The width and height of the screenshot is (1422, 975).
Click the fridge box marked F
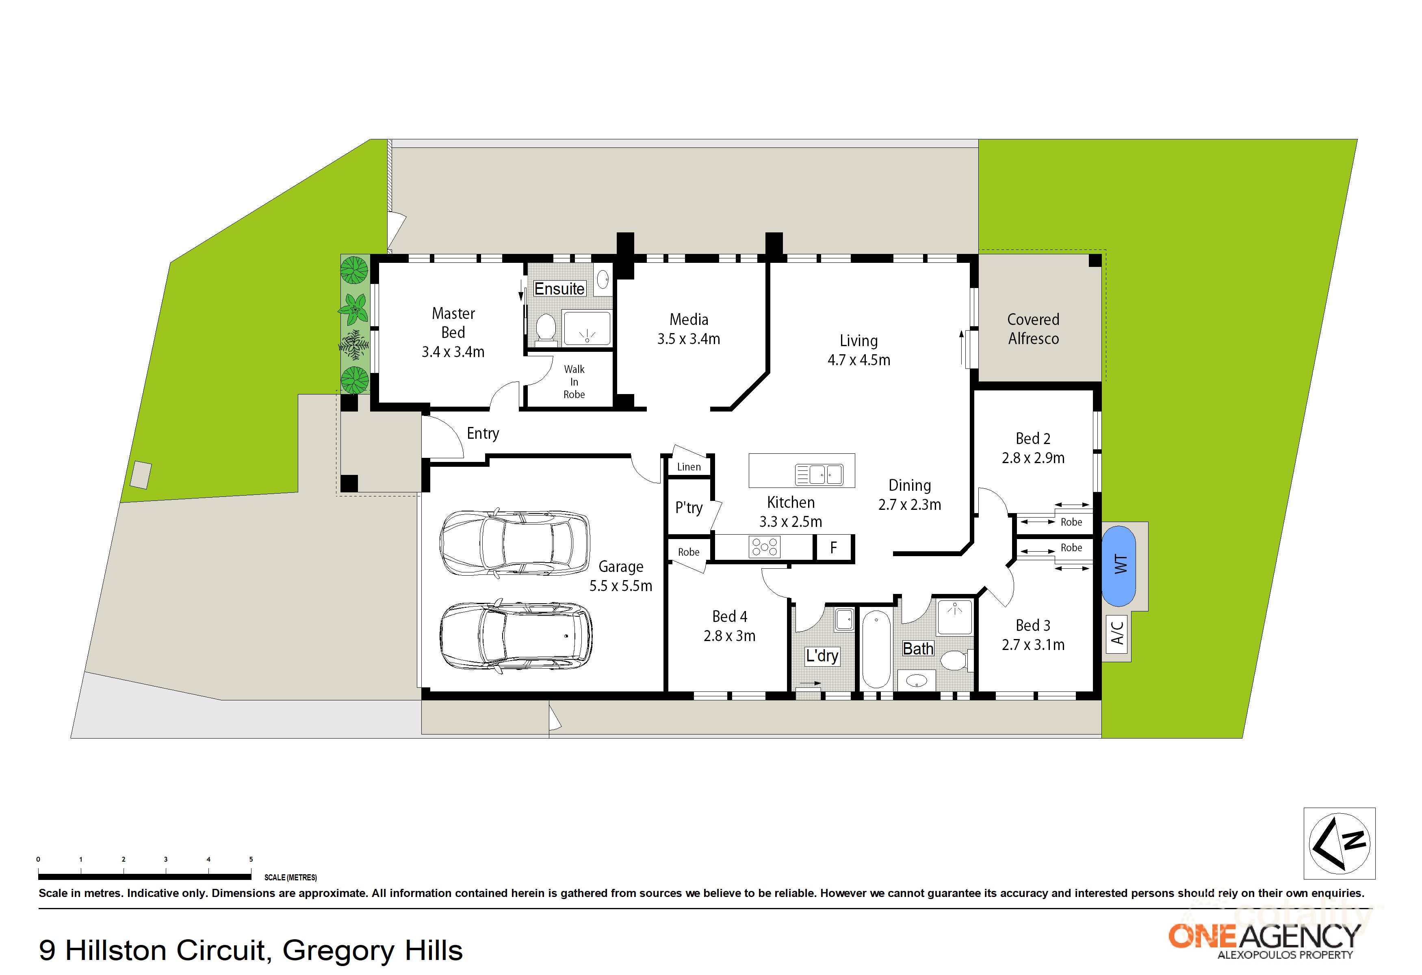tap(833, 548)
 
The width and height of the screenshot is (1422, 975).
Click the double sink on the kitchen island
tap(819, 474)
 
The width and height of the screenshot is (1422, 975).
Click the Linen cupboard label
tap(689, 467)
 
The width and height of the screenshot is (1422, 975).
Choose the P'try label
tap(689, 508)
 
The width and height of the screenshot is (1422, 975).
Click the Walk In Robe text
tap(574, 382)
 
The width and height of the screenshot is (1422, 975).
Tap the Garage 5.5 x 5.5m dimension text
tap(620, 586)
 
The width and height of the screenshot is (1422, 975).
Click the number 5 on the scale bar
tap(251, 859)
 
